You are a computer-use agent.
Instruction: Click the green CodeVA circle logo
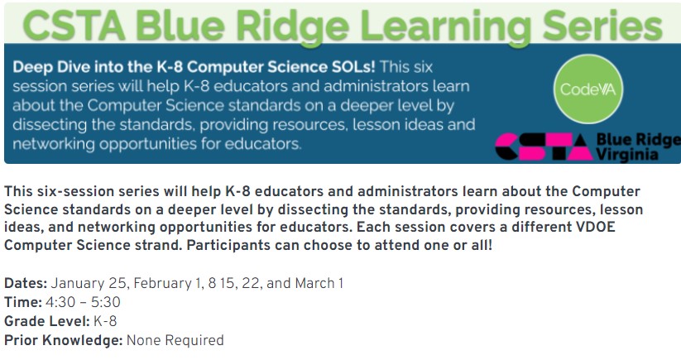pyautogui.click(x=588, y=89)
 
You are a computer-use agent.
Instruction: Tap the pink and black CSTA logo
pyautogui.click(x=544, y=146)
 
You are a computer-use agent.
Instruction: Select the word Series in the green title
pyautogui.click(x=602, y=24)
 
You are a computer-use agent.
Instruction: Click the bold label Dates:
pyautogui.click(x=26, y=283)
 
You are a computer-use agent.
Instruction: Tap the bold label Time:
pyautogui.click(x=23, y=302)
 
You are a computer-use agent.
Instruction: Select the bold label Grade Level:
pyautogui.click(x=47, y=321)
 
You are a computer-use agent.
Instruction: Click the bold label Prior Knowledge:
pyautogui.click(x=64, y=340)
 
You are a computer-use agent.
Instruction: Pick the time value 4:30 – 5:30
pyautogui.click(x=83, y=302)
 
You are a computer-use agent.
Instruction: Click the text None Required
pyautogui.click(x=175, y=340)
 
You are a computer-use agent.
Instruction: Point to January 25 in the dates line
pyautogui.click(x=89, y=284)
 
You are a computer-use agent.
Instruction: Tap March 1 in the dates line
pyautogui.click(x=319, y=283)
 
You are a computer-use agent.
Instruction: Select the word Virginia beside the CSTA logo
pyautogui.click(x=626, y=155)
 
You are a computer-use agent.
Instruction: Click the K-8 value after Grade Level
pyautogui.click(x=105, y=321)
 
